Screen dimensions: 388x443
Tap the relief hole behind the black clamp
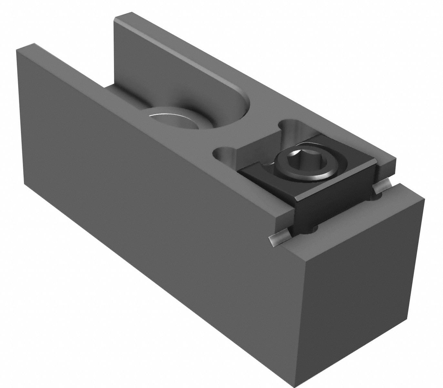point(291,126)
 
